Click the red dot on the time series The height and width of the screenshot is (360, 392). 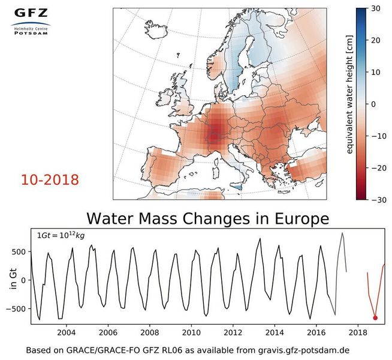(375, 318)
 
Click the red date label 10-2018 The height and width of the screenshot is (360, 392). (50, 179)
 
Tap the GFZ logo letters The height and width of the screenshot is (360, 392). (31, 13)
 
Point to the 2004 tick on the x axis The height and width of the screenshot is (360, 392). (65, 332)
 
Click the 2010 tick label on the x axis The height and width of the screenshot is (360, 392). (191, 332)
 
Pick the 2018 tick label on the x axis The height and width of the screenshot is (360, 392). (358, 332)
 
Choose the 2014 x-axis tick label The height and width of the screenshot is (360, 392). (275, 332)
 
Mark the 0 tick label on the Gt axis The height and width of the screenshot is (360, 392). (23, 280)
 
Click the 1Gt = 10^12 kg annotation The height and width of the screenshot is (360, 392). (62, 236)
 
